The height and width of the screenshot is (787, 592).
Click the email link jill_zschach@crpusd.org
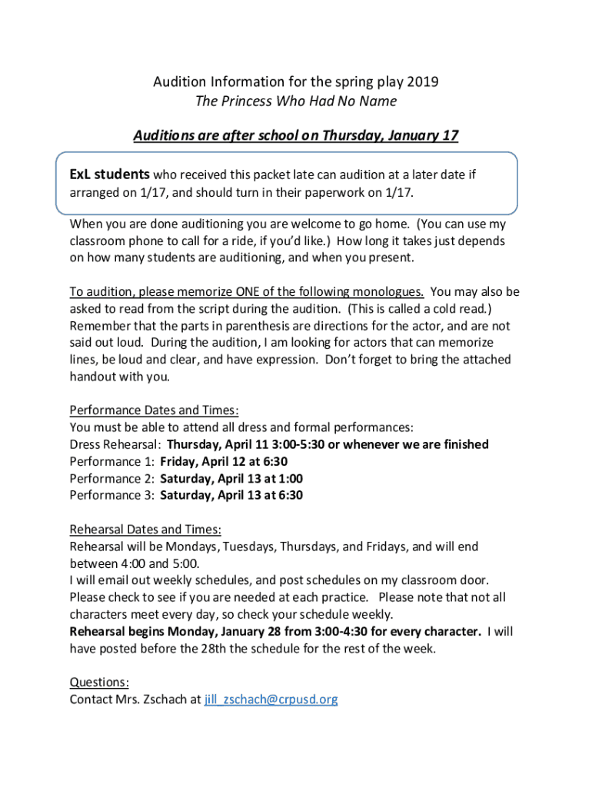coord(271,699)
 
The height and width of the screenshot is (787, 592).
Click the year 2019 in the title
coord(422,81)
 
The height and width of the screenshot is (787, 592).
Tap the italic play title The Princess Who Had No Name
coord(296,101)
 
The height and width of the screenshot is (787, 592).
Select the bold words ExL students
coord(110,174)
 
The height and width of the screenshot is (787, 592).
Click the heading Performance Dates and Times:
coord(155,410)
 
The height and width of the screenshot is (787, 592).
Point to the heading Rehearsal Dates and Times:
coord(145,530)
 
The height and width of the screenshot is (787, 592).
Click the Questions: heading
coord(99,682)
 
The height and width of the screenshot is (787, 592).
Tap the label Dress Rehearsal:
coord(115,444)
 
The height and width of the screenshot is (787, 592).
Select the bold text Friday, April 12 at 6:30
coord(224,461)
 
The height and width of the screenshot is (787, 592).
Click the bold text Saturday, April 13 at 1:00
coord(231,478)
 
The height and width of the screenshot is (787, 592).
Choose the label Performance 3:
coord(112,495)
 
